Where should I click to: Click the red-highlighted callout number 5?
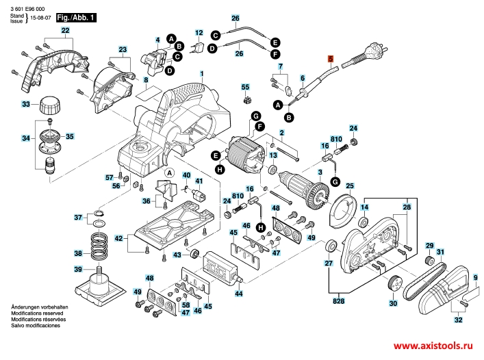[x=330, y=59]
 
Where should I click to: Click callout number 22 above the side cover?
[x=65, y=32]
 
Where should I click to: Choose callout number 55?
[x=246, y=88]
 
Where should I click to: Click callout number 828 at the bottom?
[x=338, y=300]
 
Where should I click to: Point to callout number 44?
[x=239, y=294]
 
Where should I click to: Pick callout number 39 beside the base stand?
[x=78, y=269]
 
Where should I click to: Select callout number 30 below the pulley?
[x=392, y=303]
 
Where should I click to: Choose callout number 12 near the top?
[x=199, y=33]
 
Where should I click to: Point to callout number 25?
[x=349, y=186]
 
